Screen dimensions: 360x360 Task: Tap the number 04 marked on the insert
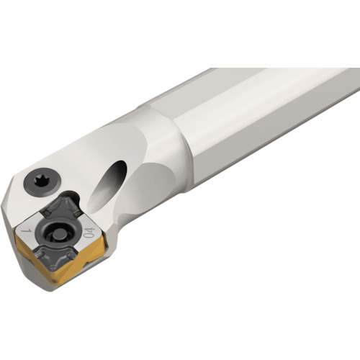tap(89, 233)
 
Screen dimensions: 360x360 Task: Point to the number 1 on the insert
tap(27, 230)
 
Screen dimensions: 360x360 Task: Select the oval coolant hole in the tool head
tap(106, 185)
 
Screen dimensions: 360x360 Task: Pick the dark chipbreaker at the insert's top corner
tap(60, 207)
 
